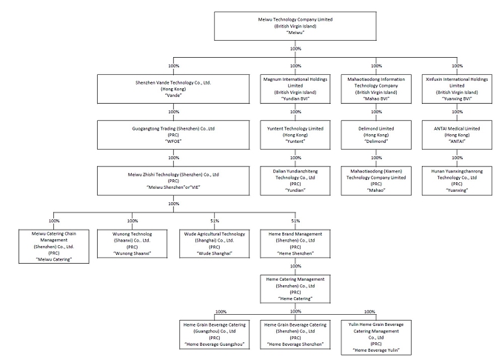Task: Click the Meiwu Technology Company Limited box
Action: [295, 26]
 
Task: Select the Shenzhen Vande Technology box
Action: [173, 89]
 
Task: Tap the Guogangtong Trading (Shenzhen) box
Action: [173, 135]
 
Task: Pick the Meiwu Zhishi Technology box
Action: [173, 181]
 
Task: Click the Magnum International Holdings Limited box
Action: [295, 89]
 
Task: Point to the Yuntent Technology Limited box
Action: [295, 135]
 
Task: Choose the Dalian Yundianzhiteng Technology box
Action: [295, 181]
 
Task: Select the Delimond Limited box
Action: [376, 135]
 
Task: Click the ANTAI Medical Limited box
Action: [457, 135]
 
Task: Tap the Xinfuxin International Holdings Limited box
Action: [457, 89]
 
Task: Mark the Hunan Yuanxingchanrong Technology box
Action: [457, 181]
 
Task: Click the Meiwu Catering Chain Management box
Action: [54, 247]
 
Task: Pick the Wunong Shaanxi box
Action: [133, 244]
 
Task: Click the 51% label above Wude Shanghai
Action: [215, 221]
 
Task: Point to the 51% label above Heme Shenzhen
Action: [295, 221]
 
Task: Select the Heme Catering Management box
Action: [295, 289]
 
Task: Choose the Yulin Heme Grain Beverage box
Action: [376, 338]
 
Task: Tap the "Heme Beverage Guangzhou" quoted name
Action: [215, 344]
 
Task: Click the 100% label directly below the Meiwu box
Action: [295, 49]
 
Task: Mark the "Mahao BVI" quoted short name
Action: [376, 99]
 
